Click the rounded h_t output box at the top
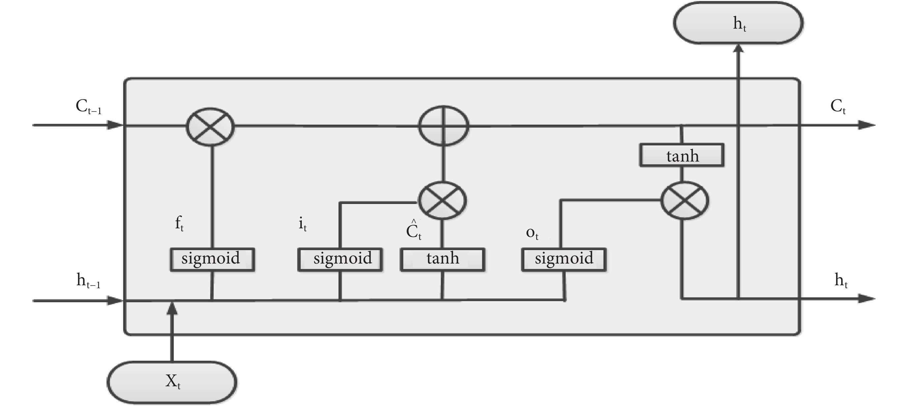point(738,23)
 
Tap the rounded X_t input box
point(172,382)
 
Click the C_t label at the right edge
point(838,106)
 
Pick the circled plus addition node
point(443,126)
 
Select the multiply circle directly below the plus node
point(442,200)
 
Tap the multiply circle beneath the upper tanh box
point(684,200)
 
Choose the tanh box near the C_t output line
point(682,155)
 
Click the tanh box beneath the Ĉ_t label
point(442,260)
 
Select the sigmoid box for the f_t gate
point(212,260)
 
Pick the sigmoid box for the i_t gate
point(340,260)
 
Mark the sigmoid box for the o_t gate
point(564,260)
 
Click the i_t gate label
point(303,224)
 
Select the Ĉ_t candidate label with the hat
point(414,230)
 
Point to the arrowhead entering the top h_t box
point(738,49)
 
